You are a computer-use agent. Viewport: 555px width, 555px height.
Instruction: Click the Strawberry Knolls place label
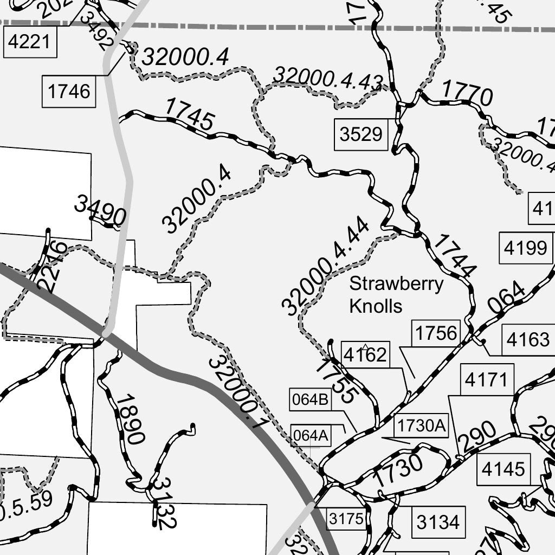[x=396, y=295]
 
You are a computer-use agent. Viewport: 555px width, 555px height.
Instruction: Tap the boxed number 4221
[x=30, y=42]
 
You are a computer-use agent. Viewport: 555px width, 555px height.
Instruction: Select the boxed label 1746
[x=69, y=91]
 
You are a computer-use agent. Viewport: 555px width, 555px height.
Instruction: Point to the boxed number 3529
[x=361, y=134]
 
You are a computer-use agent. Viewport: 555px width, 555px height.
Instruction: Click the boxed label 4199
[x=525, y=248]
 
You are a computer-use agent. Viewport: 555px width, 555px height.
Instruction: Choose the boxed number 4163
[x=527, y=340]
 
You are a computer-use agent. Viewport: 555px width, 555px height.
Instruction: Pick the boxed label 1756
[x=436, y=333]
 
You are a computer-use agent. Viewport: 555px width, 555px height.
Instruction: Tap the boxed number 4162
[x=365, y=355]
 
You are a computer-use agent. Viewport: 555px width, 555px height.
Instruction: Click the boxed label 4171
[x=486, y=380]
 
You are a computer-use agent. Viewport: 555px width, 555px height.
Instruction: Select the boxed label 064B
[x=310, y=400]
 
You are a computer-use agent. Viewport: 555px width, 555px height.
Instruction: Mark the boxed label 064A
[x=311, y=435]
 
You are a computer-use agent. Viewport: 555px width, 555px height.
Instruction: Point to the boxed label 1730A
[x=422, y=427]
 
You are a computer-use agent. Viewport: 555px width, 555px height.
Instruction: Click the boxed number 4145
[x=503, y=469]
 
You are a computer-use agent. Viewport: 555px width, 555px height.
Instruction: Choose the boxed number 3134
[x=438, y=522]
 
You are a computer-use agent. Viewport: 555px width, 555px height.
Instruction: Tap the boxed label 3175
[x=346, y=519]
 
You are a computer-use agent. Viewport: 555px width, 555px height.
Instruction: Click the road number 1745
[x=189, y=114]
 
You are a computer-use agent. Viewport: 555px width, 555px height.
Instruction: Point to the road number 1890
[x=130, y=420]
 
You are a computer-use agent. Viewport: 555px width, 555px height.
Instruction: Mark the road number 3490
[x=100, y=211]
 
